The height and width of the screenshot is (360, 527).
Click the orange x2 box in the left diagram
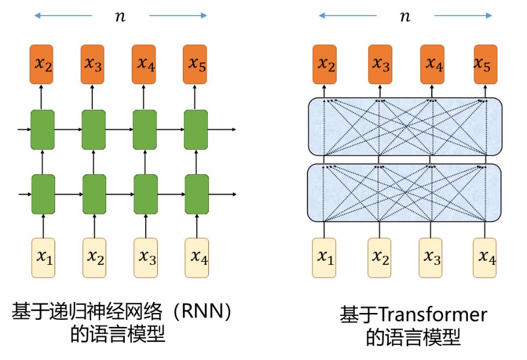[41, 64]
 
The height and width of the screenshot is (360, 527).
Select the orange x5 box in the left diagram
[195, 64]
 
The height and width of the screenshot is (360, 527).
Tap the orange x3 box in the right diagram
[380, 64]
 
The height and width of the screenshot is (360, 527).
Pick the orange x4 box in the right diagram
[432, 64]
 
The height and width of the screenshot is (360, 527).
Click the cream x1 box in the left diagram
[43, 257]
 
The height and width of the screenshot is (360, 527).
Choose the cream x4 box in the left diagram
[197, 257]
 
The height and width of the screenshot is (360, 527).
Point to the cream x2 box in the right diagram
[380, 257]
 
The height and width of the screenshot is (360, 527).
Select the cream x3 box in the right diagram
[431, 257]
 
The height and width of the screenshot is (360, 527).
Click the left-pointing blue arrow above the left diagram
[63, 16]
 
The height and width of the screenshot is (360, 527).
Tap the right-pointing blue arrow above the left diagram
[178, 16]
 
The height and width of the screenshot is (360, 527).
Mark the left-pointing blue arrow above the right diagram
[347, 16]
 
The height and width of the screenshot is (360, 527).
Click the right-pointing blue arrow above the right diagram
[463, 16]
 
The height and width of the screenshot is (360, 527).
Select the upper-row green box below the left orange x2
[42, 129]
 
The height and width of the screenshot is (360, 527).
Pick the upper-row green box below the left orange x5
[196, 129]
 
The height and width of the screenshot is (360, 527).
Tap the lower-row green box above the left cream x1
[43, 194]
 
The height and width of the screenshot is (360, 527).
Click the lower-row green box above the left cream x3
[146, 194]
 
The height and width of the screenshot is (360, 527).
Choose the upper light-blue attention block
[405, 127]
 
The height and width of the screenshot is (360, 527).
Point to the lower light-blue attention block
[404, 193]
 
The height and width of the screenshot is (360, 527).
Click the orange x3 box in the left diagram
[92, 64]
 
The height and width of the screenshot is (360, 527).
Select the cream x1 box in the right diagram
[324, 257]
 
